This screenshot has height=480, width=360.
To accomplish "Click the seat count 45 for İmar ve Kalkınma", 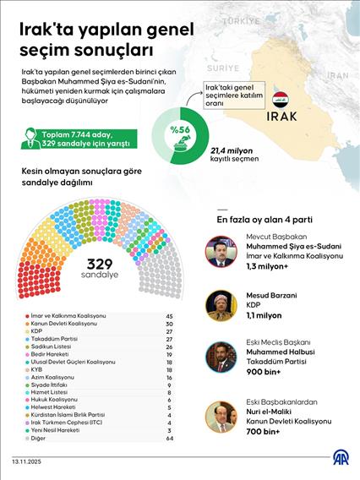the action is [169, 315].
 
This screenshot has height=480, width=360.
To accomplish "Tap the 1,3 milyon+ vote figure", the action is [270, 265].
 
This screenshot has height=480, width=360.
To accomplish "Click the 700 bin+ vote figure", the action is [265, 431].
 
